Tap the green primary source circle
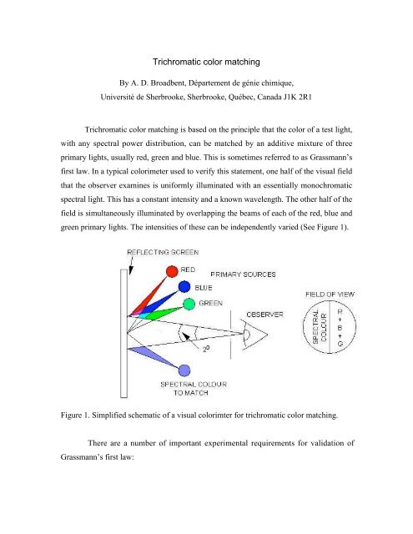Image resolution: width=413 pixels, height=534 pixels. (x=190, y=304)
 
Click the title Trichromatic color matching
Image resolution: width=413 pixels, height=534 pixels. (x=207, y=60)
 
